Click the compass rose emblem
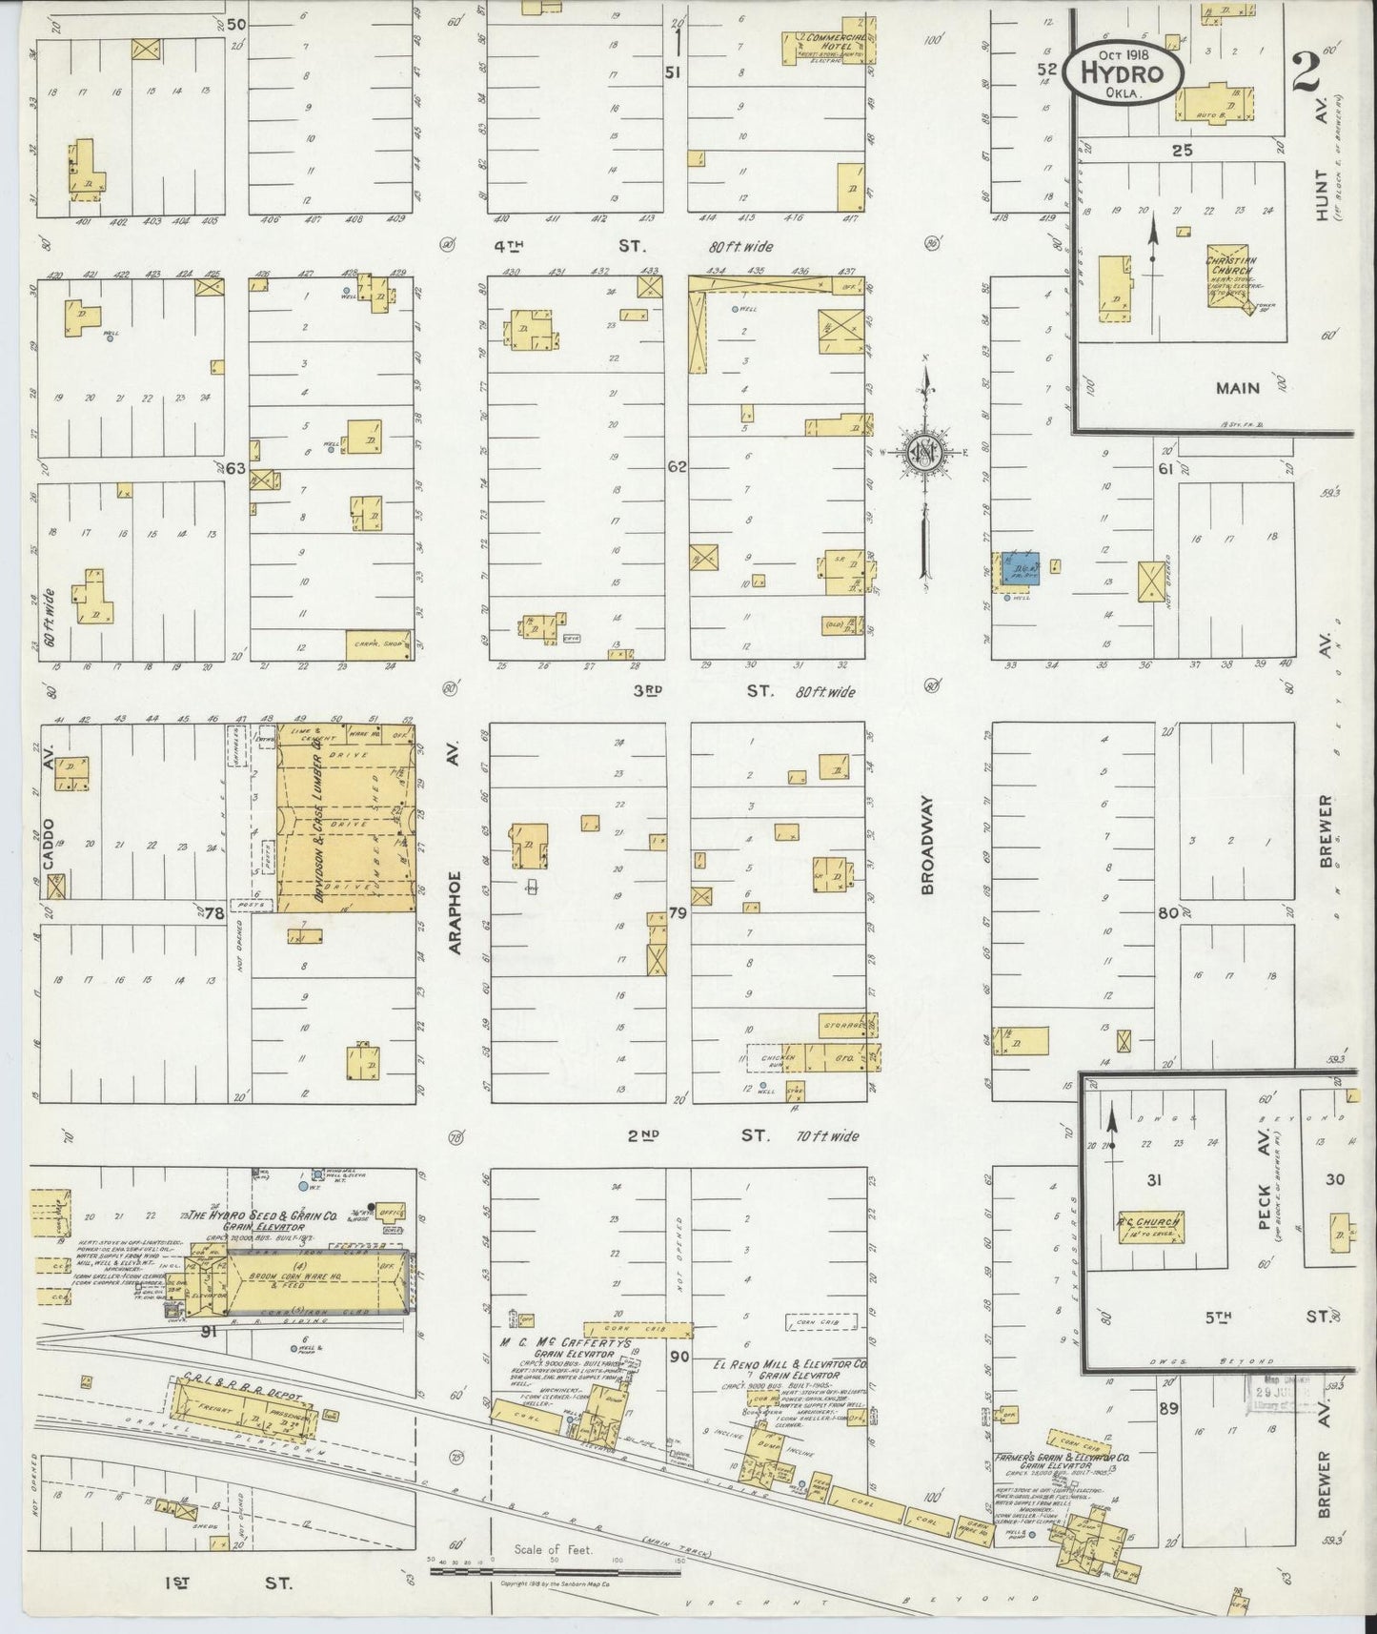(x=922, y=454)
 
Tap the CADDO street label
(x=49, y=838)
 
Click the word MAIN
(x=1238, y=388)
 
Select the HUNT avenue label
(x=1321, y=195)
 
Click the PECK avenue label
(x=1266, y=1206)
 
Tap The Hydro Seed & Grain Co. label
(x=262, y=1215)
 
